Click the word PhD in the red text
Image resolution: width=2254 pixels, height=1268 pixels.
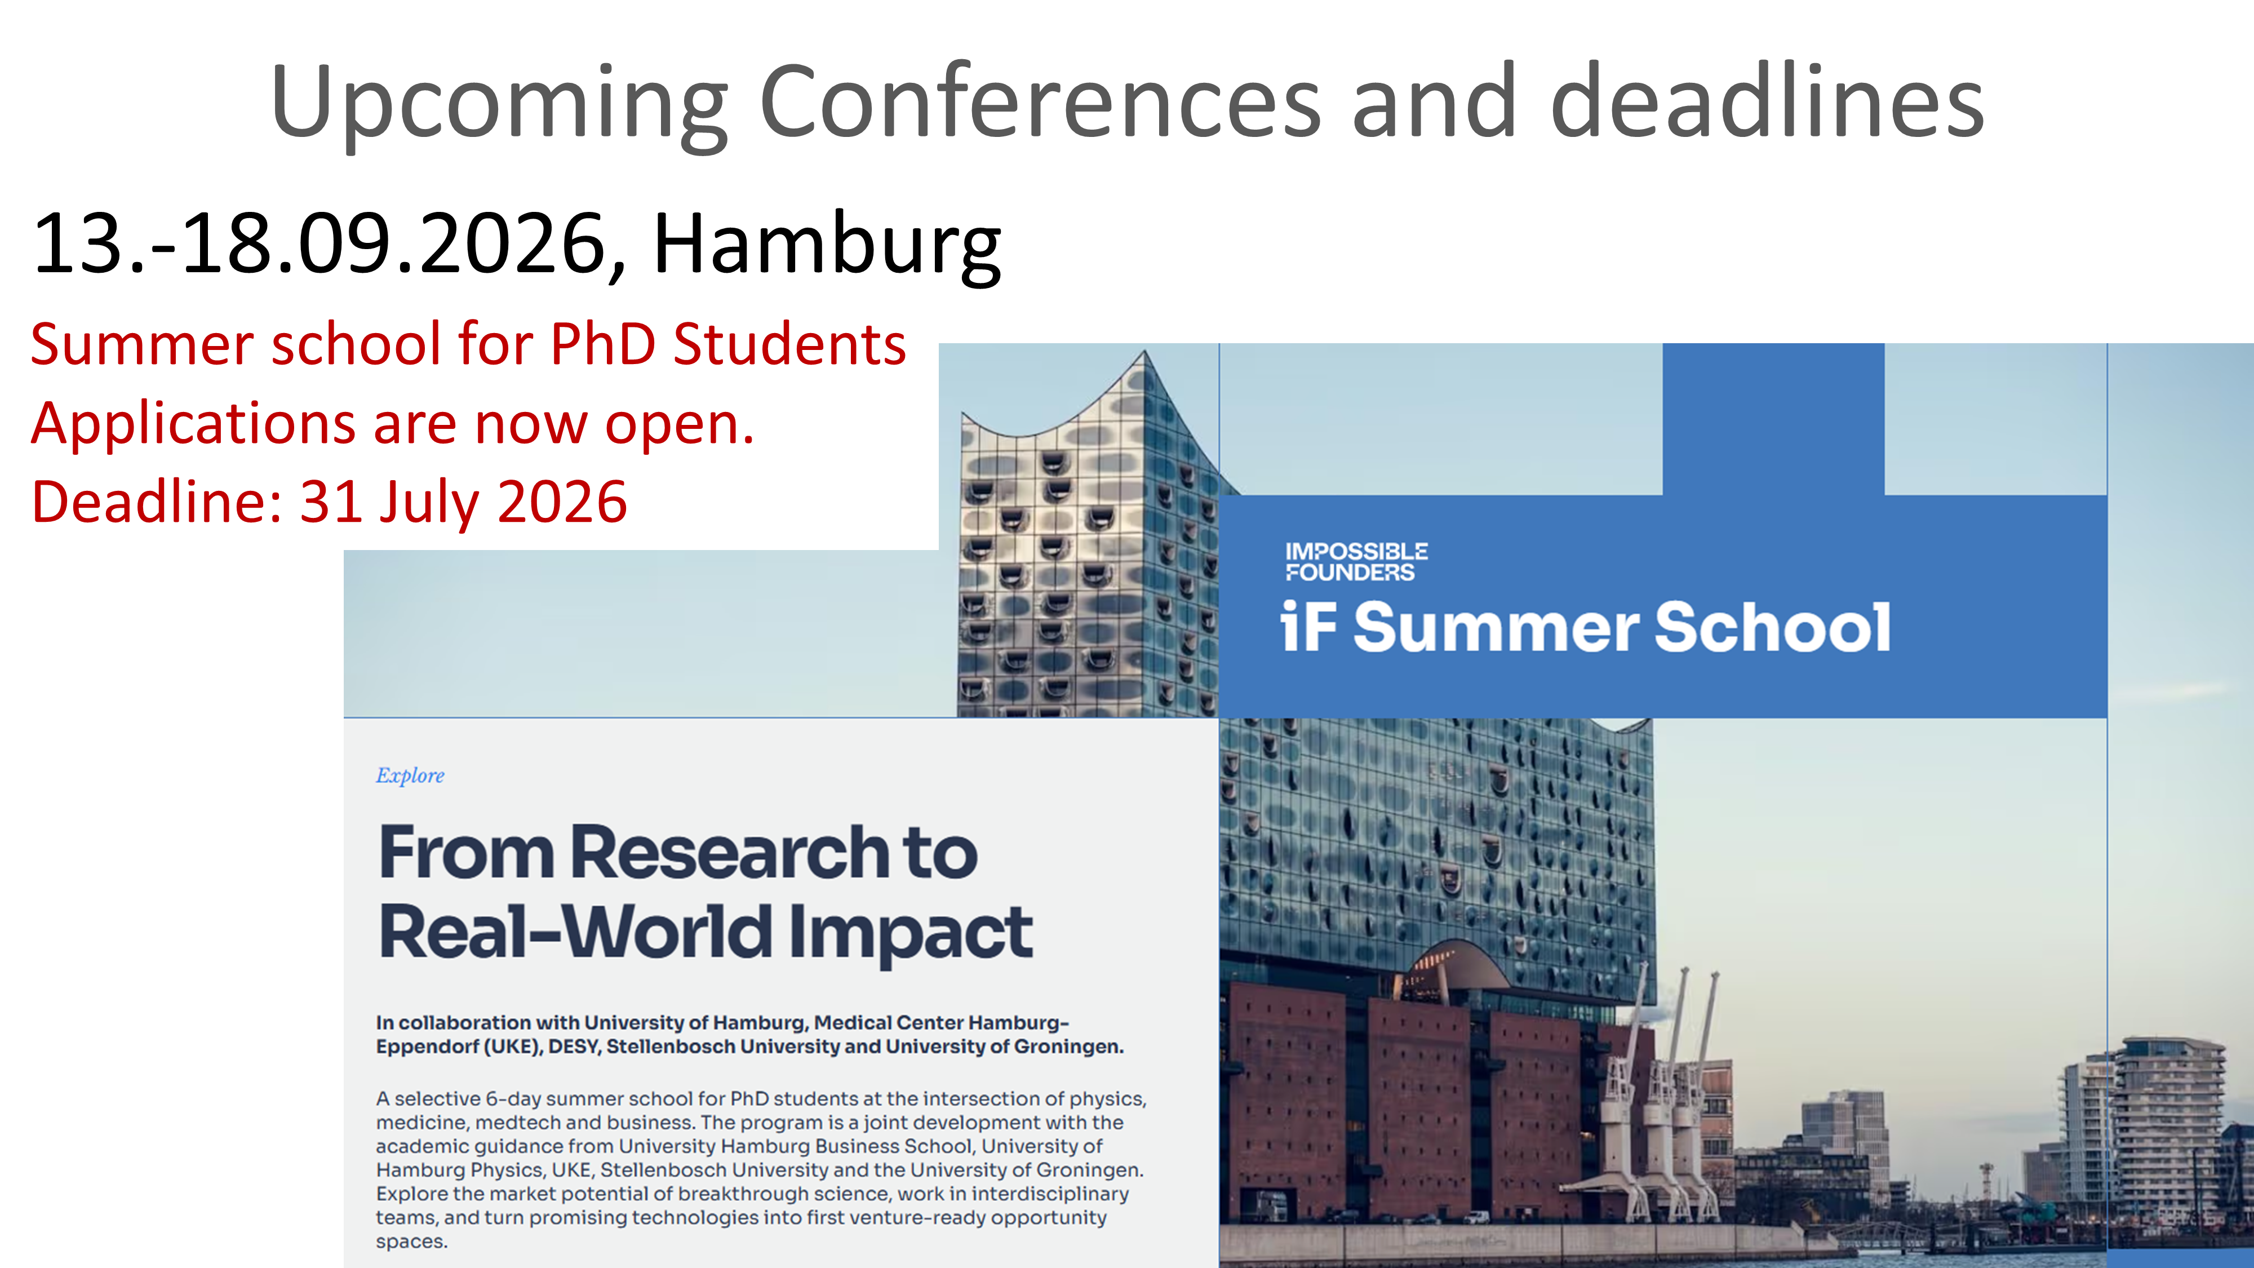coord(603,344)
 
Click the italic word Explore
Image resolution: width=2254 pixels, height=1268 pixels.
coord(410,775)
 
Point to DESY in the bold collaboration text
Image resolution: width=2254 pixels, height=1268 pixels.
coord(573,1047)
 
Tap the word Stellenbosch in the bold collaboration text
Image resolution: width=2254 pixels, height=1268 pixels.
coord(670,1047)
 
